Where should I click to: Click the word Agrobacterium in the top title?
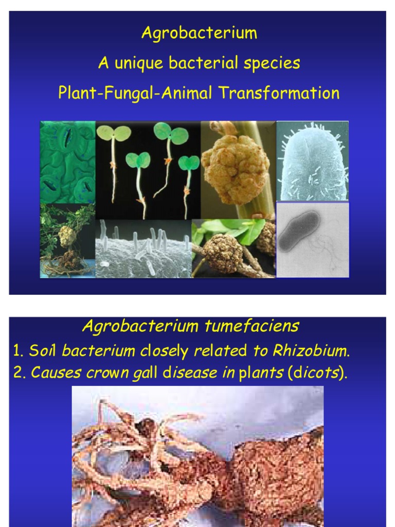pyautogui.click(x=199, y=34)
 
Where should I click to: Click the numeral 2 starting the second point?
pyautogui.click(x=19, y=374)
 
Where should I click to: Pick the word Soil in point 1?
pyautogui.click(x=43, y=352)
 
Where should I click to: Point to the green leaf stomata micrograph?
pyautogui.click(x=67, y=162)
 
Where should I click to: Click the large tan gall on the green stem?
pyautogui.click(x=236, y=168)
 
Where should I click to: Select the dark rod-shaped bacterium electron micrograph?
pyautogui.click(x=299, y=232)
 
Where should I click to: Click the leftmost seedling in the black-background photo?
pyautogui.click(x=113, y=160)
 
